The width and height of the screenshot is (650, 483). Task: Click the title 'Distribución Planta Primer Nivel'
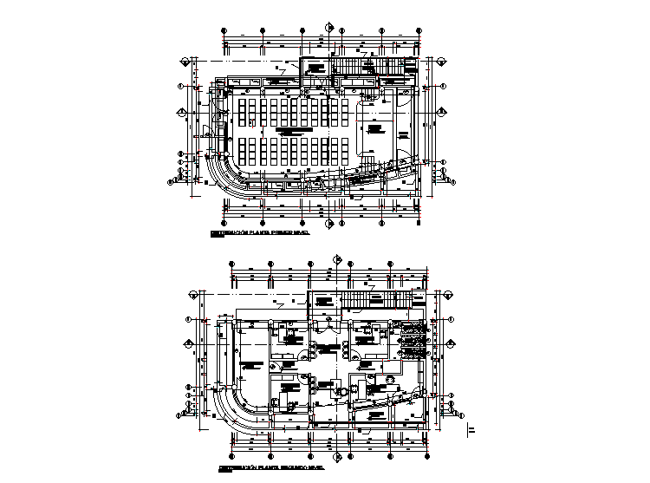coord(260,234)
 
